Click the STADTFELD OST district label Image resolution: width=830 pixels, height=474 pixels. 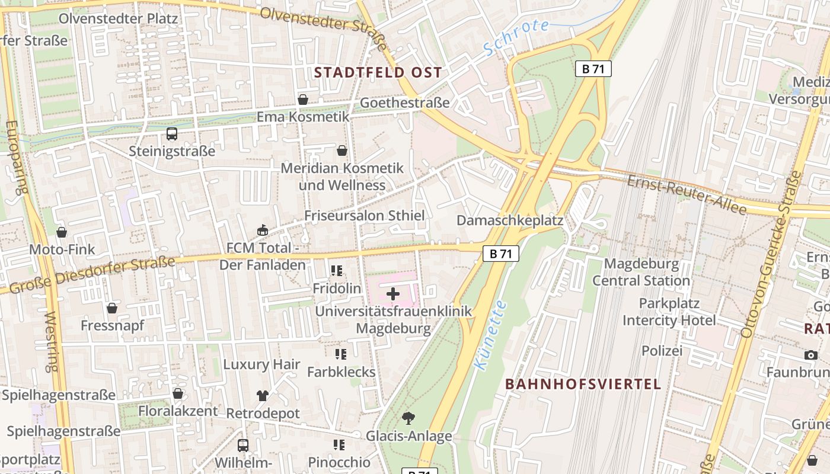(x=378, y=73)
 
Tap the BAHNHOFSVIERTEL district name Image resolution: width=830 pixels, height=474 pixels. (x=583, y=384)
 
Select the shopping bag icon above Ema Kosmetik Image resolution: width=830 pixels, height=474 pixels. (x=303, y=99)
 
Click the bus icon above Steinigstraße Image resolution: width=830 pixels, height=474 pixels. (x=172, y=134)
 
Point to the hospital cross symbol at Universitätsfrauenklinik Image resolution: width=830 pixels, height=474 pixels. (x=393, y=293)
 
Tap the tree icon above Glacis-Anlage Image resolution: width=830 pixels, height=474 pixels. (x=408, y=418)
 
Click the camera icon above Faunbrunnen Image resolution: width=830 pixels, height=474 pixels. (x=811, y=355)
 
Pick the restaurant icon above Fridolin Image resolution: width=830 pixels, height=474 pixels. (x=337, y=271)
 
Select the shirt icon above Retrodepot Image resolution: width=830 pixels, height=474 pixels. (x=263, y=395)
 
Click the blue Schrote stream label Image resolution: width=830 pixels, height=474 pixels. (x=516, y=37)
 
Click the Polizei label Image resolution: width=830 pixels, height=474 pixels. (x=662, y=351)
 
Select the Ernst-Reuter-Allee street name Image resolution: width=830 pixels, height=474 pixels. (x=687, y=194)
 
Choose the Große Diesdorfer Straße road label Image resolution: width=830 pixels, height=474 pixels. (x=92, y=273)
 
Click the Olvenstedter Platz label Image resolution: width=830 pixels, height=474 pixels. (x=118, y=18)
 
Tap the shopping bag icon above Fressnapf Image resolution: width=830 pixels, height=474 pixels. (x=112, y=308)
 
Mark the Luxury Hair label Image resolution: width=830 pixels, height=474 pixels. (x=262, y=364)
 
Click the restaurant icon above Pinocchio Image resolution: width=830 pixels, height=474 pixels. (x=339, y=444)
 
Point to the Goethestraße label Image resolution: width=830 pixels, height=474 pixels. (x=405, y=103)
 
